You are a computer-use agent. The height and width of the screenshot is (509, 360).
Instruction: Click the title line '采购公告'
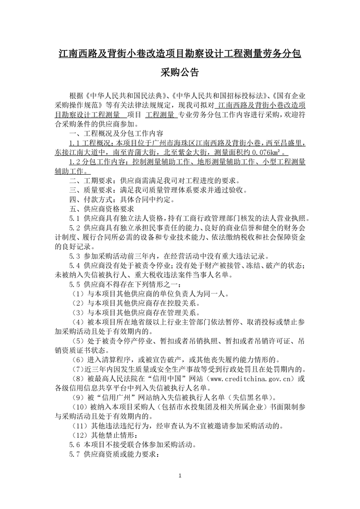[180, 73]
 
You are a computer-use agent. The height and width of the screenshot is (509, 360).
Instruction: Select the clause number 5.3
[74, 256]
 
